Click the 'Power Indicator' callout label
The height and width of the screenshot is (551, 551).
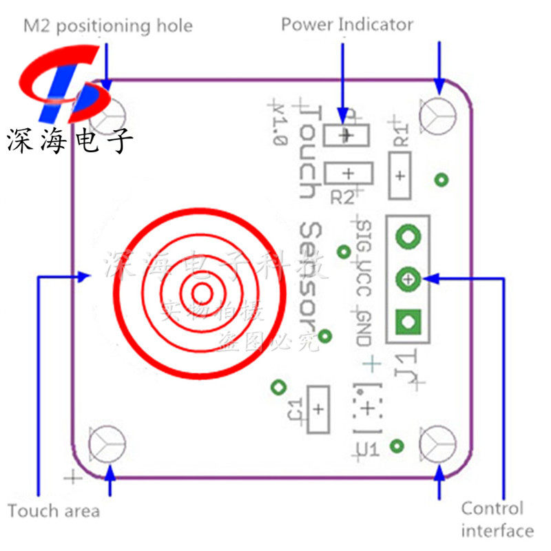(346, 25)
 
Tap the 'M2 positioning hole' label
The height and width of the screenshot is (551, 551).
(108, 26)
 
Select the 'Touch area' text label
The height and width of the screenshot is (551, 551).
(54, 511)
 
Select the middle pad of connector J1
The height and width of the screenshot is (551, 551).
(408, 279)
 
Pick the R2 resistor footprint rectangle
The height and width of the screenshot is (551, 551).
(349, 173)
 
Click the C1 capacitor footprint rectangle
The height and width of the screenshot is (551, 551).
(318, 409)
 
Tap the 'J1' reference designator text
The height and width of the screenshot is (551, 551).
(405, 363)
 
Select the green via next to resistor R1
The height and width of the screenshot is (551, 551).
(441, 180)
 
